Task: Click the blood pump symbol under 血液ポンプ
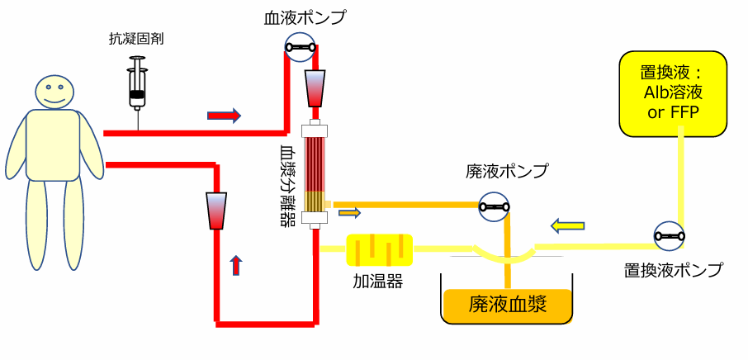(x=300, y=48)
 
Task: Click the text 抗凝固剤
(x=136, y=39)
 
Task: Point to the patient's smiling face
(x=54, y=91)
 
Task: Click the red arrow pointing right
(x=224, y=116)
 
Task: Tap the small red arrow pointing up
(x=236, y=264)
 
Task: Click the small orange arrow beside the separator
(x=350, y=214)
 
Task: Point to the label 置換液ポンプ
(x=673, y=269)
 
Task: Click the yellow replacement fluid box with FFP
(x=673, y=93)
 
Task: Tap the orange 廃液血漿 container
(x=508, y=306)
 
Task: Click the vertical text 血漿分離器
(x=288, y=187)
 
